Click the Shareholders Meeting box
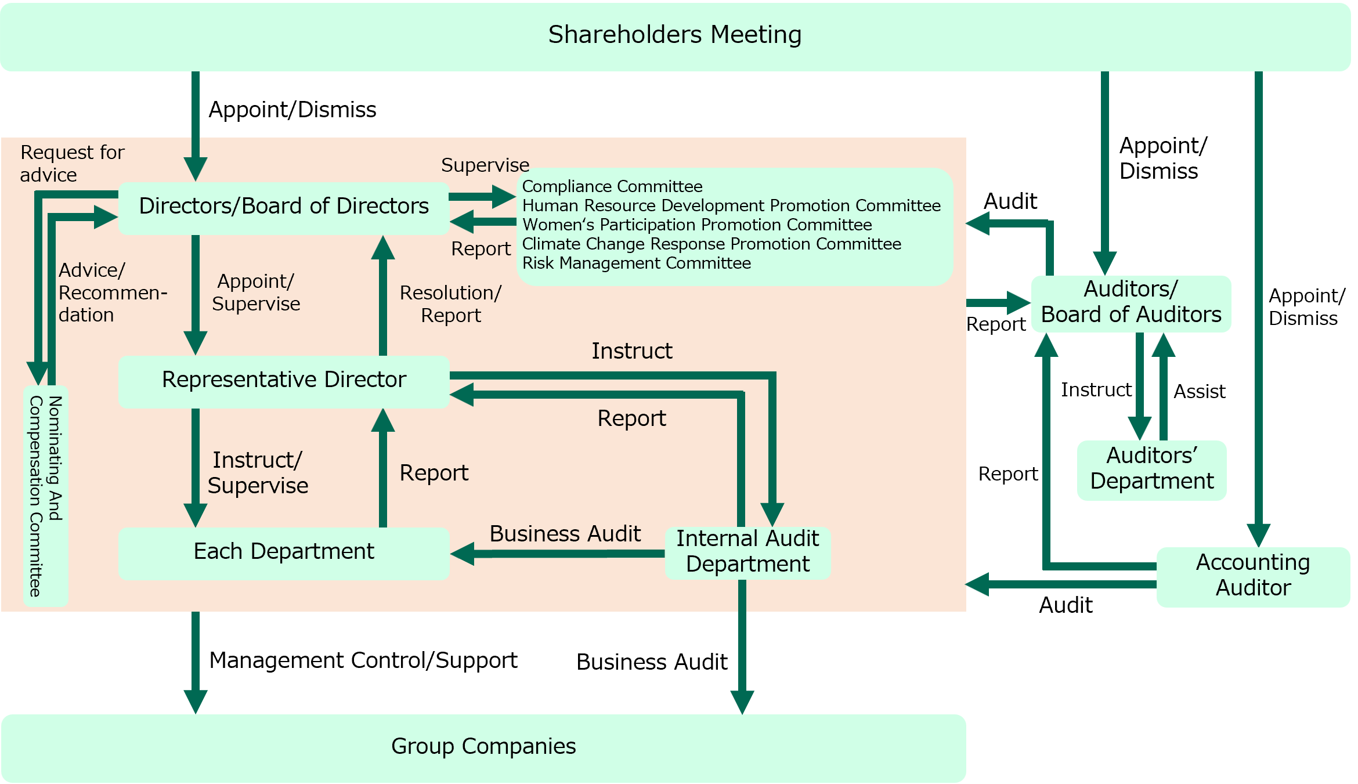675,36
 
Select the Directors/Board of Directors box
284,207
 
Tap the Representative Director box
284,381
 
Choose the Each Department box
284,552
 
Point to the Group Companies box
483,747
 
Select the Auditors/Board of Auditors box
1131,303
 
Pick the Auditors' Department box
1151,469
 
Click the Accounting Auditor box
1253,576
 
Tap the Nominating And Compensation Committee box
46,496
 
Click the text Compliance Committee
612,187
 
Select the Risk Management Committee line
637,263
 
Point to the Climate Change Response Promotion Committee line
711,244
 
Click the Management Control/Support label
363,661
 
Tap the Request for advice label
72,164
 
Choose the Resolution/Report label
451,304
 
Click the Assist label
1200,392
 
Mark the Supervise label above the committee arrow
485,165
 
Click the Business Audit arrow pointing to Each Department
557,554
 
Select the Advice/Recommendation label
110,292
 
